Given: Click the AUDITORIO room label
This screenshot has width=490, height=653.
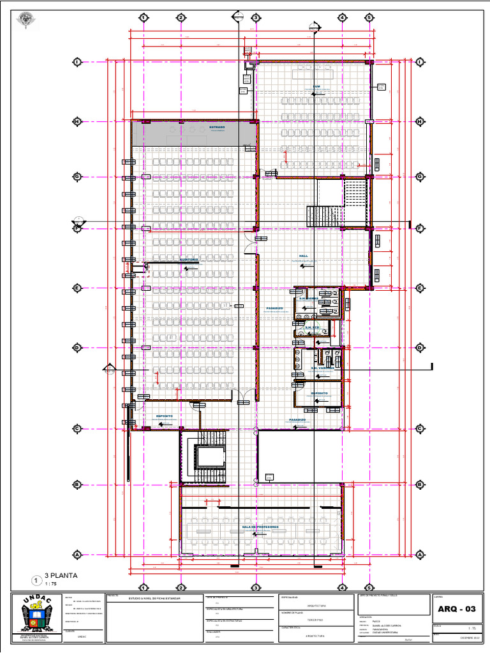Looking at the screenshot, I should (188, 260).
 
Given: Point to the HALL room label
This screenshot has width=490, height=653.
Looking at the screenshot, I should (304, 256).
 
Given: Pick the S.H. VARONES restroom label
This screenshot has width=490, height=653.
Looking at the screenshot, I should (322, 368).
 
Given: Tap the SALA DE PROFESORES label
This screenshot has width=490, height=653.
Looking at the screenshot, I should (260, 527).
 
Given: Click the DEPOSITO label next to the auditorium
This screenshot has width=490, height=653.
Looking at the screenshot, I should (165, 416).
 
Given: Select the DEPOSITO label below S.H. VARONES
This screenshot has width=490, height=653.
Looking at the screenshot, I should (320, 393).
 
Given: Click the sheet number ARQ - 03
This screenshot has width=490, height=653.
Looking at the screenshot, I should (456, 609).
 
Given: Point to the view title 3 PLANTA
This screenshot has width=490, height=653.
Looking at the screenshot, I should (61, 575).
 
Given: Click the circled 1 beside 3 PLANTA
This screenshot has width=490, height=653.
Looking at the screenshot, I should (37, 580).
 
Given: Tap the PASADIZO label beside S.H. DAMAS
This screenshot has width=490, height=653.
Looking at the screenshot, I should (275, 308).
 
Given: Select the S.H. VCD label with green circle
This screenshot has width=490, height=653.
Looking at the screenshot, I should (311, 328).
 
